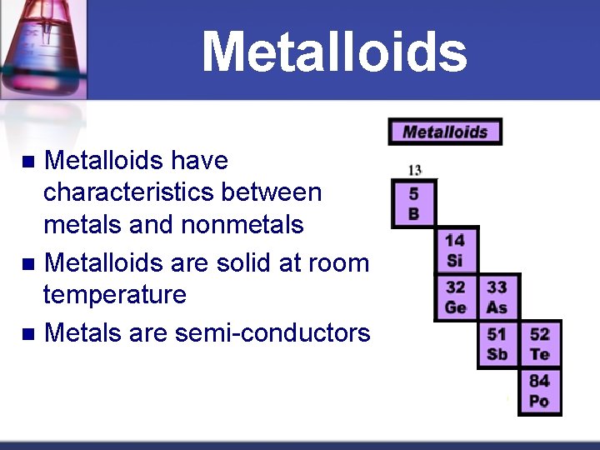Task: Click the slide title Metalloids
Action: pos(334,52)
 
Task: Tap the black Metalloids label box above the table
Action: pos(445,132)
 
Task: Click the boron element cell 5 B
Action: pos(414,203)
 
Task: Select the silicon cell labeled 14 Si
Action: pos(455,251)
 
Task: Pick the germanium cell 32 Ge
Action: pos(455,297)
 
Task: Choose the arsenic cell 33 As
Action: pos(497,297)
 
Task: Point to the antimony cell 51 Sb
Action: pos(497,344)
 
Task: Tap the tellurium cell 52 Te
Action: pos(540,344)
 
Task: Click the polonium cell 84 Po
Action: pos(540,391)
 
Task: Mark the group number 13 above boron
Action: pos(414,170)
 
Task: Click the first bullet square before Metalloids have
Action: pos(27,161)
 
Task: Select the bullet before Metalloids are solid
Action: pos(27,264)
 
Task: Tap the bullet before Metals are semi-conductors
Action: pos(27,334)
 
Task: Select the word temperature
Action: pos(114,295)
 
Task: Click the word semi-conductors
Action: pos(272,333)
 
